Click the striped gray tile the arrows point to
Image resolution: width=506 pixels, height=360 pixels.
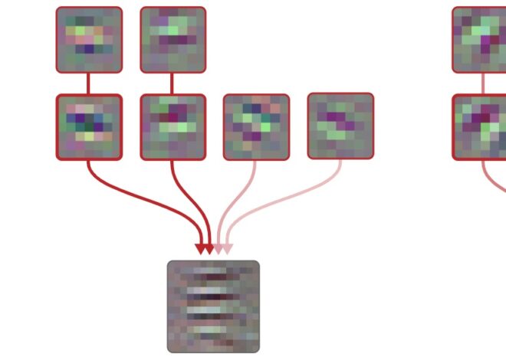coord(213,306)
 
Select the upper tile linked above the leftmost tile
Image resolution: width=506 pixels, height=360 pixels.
coord(89,40)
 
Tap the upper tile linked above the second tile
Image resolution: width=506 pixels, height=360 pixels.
coord(173,40)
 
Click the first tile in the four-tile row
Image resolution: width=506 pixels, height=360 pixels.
coord(89,127)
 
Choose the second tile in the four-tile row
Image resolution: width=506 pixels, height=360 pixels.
coord(173,127)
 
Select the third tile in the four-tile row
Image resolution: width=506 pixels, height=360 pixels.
coord(256,127)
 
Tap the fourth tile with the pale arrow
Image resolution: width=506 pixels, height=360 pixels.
coord(340,126)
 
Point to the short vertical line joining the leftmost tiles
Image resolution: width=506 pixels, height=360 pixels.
coord(89,83)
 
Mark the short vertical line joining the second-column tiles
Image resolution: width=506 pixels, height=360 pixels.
coord(172,83)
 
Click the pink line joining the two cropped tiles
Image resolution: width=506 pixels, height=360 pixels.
coord(483,83)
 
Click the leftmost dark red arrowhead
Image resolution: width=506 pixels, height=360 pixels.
coord(201,249)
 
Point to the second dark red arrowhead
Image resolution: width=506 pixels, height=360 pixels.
coord(209,249)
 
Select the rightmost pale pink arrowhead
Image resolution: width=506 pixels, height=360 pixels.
coord(227,249)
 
